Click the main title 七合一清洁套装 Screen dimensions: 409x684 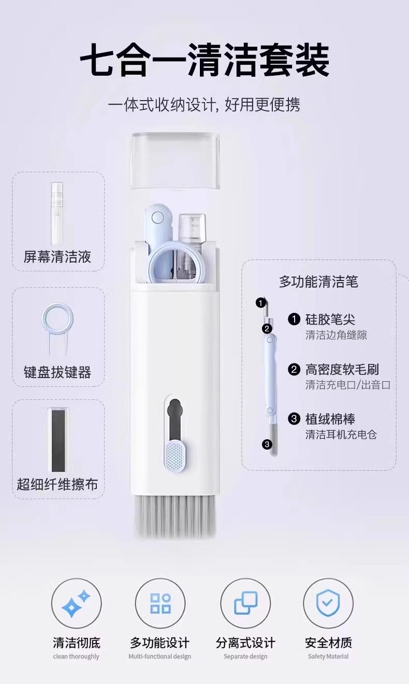[x=204, y=60]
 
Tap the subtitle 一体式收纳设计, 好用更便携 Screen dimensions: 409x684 [x=204, y=105]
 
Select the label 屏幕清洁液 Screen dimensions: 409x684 [x=57, y=256]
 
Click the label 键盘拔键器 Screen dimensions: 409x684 [x=57, y=372]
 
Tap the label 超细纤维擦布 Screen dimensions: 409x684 [x=57, y=484]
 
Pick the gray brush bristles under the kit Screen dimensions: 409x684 [x=174, y=515]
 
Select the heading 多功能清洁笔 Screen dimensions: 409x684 [x=318, y=282]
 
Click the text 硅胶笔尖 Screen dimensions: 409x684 [x=330, y=319]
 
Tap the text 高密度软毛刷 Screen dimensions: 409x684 [x=342, y=369]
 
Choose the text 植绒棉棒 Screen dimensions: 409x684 [x=330, y=418]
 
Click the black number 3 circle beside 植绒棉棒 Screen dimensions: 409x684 [x=294, y=419]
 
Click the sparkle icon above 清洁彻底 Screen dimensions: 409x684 [x=76, y=604]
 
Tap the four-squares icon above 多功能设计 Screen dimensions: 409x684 [x=160, y=604]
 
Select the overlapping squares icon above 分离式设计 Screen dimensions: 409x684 [x=245, y=604]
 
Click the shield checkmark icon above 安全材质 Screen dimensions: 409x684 [x=328, y=604]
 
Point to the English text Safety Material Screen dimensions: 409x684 [x=328, y=657]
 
